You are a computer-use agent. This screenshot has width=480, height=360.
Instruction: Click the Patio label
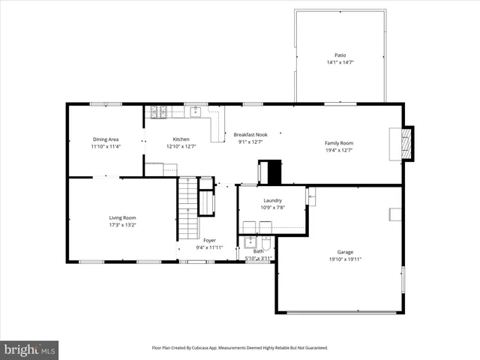point(340,55)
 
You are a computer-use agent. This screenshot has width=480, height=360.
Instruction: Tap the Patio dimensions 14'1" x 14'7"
point(340,62)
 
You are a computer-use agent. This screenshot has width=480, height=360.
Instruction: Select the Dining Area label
point(106,139)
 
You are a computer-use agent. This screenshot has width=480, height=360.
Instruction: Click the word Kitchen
point(181,139)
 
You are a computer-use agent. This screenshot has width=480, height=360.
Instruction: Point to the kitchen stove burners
point(158,112)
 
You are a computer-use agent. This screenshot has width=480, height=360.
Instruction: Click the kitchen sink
point(195,112)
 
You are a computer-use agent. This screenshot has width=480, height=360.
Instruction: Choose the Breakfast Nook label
point(250,134)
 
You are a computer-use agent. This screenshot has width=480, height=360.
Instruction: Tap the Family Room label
point(338,142)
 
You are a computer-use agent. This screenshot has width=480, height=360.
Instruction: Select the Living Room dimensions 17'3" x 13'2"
point(122,225)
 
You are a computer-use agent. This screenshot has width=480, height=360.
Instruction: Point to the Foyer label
point(209,240)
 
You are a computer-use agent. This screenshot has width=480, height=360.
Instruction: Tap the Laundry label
point(271,200)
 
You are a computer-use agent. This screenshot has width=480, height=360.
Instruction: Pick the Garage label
point(345,252)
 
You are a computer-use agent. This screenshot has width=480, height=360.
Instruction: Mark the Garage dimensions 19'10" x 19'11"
point(345,259)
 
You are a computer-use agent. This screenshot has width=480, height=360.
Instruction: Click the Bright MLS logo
point(30,349)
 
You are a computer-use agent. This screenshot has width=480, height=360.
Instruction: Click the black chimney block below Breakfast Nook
point(271,172)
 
